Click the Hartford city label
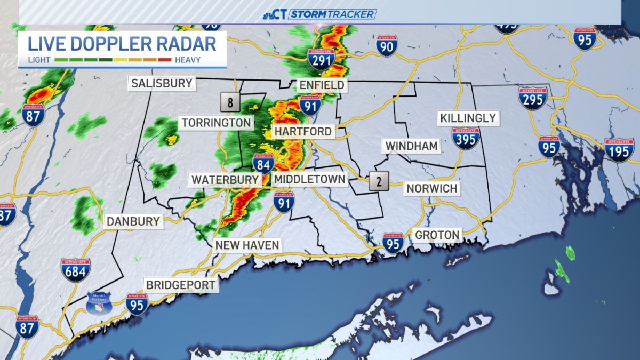pyautogui.click(x=302, y=131)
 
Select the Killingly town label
pyautogui.click(x=468, y=118)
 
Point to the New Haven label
pyautogui.click(x=246, y=245)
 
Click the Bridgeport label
pyautogui.click(x=181, y=285)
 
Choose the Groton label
pyautogui.click(x=437, y=235)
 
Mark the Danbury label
pyautogui.click(x=133, y=221)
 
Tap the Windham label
pyautogui.click(x=411, y=146)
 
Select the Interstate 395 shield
pyautogui.click(x=466, y=138)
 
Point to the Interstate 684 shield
pyautogui.click(x=75, y=270)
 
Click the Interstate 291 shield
pyautogui.click(x=321, y=59)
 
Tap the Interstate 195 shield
pyautogui.click(x=619, y=150)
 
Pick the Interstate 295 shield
pyautogui.click(x=533, y=99)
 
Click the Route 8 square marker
pyautogui.click(x=230, y=102)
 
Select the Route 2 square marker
pyautogui.click(x=379, y=181)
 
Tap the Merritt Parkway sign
pyautogui.click(x=99, y=303)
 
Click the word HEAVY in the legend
pyautogui.click(x=188, y=60)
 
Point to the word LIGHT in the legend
pyautogui.click(x=39, y=60)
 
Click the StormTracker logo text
pyautogui.click(x=332, y=14)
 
